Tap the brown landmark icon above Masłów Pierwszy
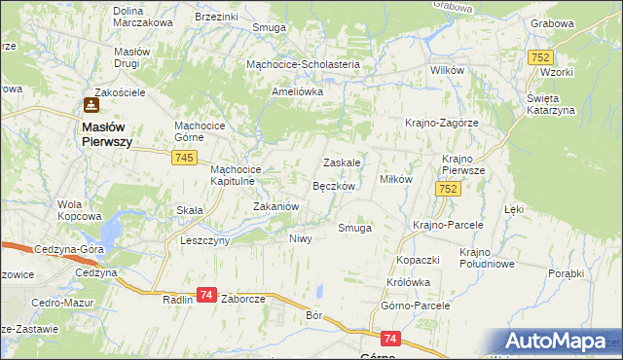coord(91,105)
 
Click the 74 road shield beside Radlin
coord(205,295)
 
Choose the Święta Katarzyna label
coord(551,104)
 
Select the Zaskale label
coord(343,162)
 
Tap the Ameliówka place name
coord(297,91)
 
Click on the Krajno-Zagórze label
coord(442,123)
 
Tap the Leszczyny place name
coord(204,239)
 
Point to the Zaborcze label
coord(243,300)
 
